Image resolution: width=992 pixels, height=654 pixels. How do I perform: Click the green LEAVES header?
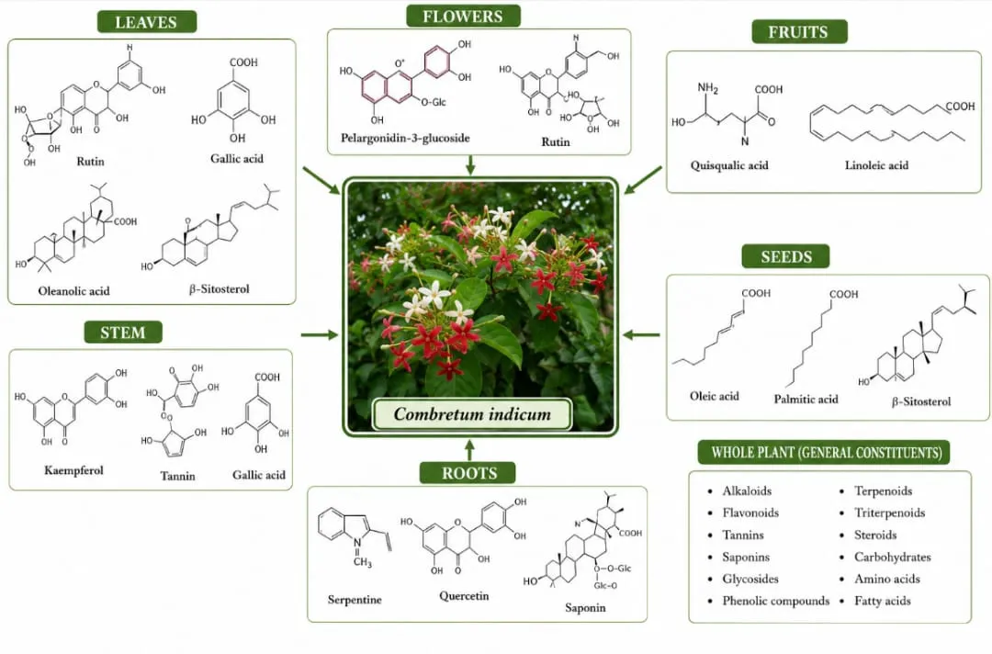[x=147, y=22]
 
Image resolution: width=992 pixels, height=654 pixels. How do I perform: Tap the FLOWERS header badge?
[x=463, y=16]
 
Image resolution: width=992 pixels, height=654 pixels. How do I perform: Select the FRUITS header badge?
[x=799, y=31]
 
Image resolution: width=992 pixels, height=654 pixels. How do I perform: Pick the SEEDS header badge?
[x=785, y=256]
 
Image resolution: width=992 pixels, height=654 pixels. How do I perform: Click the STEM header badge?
[x=123, y=333]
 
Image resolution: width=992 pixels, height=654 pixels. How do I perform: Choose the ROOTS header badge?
[x=468, y=473]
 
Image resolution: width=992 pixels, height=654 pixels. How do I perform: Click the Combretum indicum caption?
[x=472, y=414]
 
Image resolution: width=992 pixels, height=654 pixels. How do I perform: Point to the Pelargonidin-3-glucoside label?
[x=405, y=138]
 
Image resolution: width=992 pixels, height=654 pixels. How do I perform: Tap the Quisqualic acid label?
[x=728, y=165]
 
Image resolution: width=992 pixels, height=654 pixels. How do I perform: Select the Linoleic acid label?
[x=876, y=165]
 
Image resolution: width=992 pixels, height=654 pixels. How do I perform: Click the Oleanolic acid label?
[x=74, y=291]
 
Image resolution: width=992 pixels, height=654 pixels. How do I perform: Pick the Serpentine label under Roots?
[x=355, y=600]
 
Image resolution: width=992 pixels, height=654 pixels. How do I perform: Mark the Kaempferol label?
[x=73, y=470]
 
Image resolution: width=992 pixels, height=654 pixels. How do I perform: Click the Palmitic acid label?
[x=806, y=399]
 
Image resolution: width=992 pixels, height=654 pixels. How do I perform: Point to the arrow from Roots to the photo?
[x=468, y=450]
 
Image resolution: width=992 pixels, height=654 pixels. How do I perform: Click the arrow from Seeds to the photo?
[x=641, y=334]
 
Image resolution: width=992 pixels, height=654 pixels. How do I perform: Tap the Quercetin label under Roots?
[x=464, y=596]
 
